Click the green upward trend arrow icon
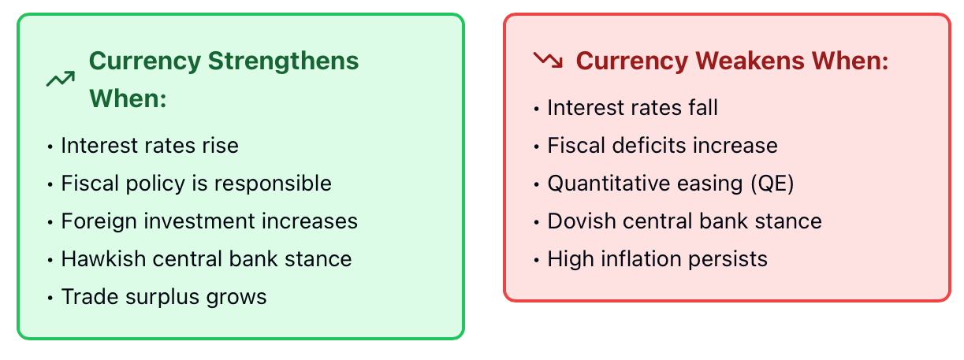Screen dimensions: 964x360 coord(61,79)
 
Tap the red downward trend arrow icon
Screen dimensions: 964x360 coord(548,60)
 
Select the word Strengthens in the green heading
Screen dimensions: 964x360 coord(283,61)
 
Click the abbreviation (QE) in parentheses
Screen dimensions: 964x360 coord(772,184)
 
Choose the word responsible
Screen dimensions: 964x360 coord(273,184)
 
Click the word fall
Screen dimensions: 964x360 coord(703,107)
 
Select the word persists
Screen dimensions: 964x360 coord(728,259)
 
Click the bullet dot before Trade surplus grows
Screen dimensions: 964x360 coord(50,298)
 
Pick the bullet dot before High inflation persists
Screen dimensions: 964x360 coord(536,260)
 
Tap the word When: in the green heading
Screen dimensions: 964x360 coord(128,98)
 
